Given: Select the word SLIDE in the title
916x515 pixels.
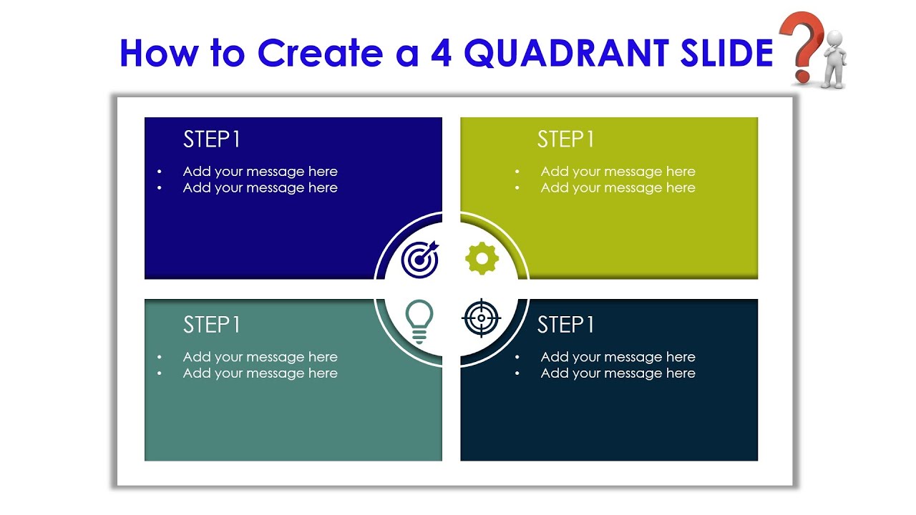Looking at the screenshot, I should (x=720, y=53).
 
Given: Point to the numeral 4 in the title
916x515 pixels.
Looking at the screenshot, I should (x=442, y=53).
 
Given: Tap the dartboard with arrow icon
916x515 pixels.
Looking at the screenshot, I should (x=420, y=259).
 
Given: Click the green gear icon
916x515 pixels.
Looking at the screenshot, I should (x=481, y=258).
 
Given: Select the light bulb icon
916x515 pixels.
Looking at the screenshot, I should (x=419, y=320).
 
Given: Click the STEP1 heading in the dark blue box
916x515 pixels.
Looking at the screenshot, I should (x=212, y=139).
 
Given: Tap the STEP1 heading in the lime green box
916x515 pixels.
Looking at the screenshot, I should (x=565, y=139).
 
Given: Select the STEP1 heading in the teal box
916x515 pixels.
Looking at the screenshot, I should (x=212, y=325).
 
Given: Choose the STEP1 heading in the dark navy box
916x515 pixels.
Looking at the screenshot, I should (x=565, y=325).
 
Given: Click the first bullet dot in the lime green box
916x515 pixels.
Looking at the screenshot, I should (x=517, y=172).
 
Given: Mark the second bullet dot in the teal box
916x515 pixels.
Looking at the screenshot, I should (x=160, y=373).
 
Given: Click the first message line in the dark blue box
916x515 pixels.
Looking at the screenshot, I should (x=260, y=172).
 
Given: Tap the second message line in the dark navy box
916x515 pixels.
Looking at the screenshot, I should (x=618, y=373).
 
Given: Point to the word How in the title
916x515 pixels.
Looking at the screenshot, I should (x=158, y=53).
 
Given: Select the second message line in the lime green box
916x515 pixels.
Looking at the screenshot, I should (x=618, y=188).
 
